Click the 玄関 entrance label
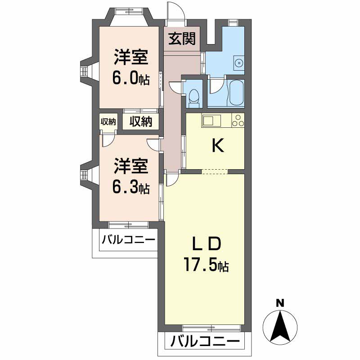pos(182,39)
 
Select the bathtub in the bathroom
pos(236,92)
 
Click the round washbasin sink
pos(239,63)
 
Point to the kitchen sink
pos(210,120)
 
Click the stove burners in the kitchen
pos(238,120)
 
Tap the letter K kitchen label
pos(218,145)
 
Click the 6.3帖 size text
pos(130,187)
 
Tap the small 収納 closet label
pos(108,121)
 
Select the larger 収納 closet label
pos(141,121)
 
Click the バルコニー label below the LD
pos(204,341)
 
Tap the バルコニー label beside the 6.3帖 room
pos(128,239)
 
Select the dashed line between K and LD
pos(215,171)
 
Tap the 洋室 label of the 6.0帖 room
pos(130,58)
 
